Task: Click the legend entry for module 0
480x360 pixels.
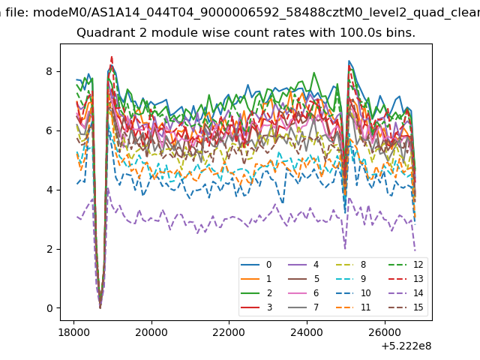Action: (x=256, y=265)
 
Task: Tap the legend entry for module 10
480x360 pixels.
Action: (x=353, y=293)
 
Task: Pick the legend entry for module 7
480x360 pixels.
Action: (x=304, y=307)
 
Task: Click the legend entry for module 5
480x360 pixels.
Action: (x=304, y=278)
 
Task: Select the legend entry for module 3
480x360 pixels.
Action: (x=256, y=307)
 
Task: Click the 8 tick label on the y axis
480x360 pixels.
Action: (x=49, y=71)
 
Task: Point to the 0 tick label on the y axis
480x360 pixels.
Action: (x=49, y=308)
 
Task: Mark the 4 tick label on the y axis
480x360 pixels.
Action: (x=49, y=190)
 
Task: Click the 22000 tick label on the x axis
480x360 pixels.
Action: (x=229, y=332)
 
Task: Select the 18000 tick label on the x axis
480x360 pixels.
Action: (x=73, y=332)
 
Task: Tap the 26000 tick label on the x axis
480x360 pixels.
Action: (x=385, y=332)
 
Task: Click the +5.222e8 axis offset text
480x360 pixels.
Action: (x=406, y=346)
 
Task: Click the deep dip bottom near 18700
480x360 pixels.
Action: (x=100, y=307)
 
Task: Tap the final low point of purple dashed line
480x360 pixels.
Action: (x=415, y=250)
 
